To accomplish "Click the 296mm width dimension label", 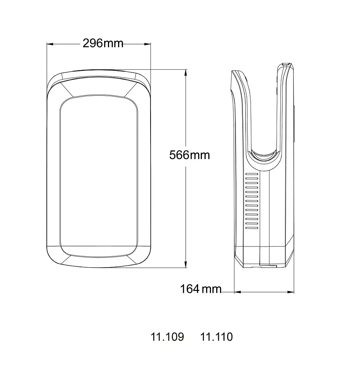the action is pyautogui.click(x=103, y=43).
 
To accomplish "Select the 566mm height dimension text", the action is pyautogui.click(x=189, y=155).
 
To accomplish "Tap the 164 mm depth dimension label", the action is pyautogui.click(x=201, y=289).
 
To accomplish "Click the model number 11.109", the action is pyautogui.click(x=167, y=337).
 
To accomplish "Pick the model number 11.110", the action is pyautogui.click(x=217, y=337).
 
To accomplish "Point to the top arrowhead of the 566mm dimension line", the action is pyautogui.click(x=186, y=73).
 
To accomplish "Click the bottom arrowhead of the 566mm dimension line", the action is pyautogui.click(x=186, y=265).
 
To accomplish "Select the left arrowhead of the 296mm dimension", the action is pyautogui.click(x=50, y=44).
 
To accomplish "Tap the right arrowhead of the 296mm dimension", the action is pyautogui.click(x=147, y=44).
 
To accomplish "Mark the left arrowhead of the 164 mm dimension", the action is pyautogui.click(x=237, y=292).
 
